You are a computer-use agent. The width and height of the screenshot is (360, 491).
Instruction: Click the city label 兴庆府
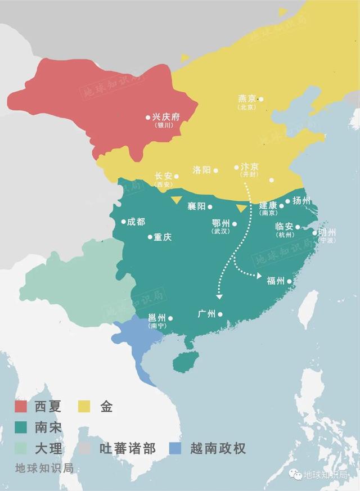coord(166,117)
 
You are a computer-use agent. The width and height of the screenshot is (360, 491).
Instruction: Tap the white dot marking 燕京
coord(261,99)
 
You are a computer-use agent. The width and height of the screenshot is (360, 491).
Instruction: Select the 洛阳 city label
coord(201,169)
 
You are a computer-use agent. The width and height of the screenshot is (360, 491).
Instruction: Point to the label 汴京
coord(250,166)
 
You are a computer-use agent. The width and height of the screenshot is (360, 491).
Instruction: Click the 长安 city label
coord(163,176)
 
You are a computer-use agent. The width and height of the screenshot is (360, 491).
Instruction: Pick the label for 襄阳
coord(196,206)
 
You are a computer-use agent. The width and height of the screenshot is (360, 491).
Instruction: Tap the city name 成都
coord(136,222)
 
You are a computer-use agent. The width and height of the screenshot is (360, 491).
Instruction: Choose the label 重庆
coord(163,237)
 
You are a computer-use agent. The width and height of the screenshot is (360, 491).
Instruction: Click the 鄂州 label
coord(220,223)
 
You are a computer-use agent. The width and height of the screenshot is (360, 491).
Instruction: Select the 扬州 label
coord(301,201)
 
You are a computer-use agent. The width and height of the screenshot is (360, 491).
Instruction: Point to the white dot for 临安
coord(298,227)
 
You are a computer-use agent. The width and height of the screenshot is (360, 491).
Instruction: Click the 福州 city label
coord(275,281)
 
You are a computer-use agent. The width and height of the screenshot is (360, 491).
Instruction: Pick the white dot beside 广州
coord(220,314)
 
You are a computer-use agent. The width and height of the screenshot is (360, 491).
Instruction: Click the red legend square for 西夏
coord(21,406)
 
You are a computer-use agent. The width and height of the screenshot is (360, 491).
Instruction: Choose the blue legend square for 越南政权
coord(174,448)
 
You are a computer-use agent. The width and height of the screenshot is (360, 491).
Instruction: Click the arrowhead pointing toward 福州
coord(259,276)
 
